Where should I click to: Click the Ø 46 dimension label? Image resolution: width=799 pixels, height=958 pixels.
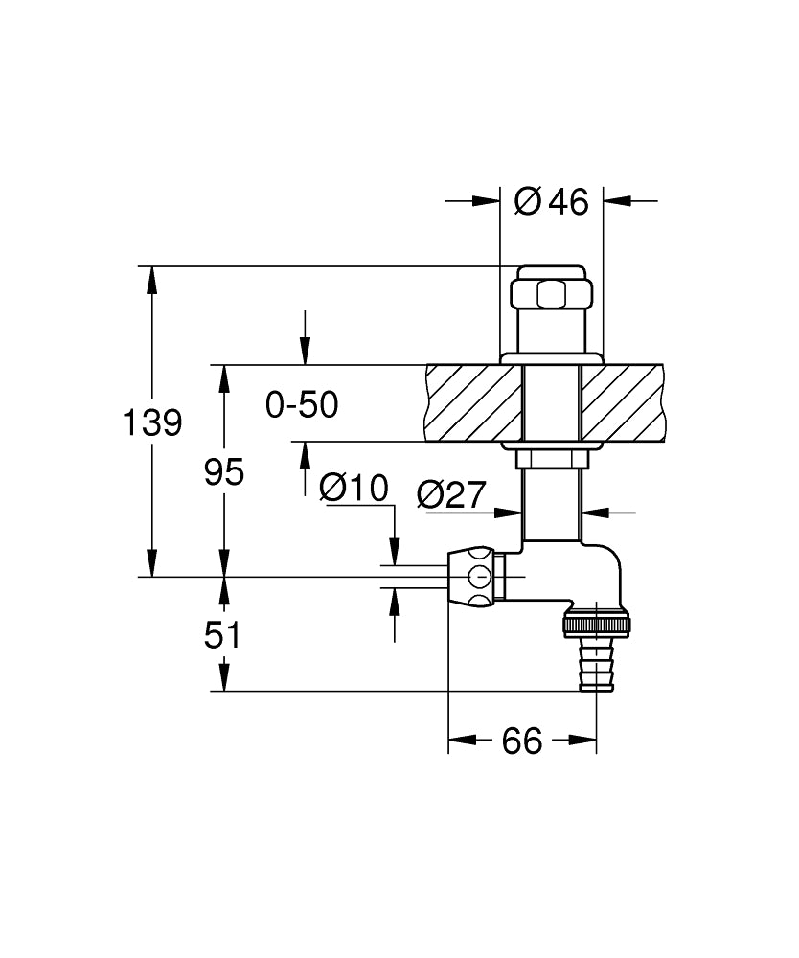click(x=551, y=201)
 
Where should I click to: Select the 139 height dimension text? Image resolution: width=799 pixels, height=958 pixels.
click(x=152, y=422)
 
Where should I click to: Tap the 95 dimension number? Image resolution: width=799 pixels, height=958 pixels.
click(x=224, y=471)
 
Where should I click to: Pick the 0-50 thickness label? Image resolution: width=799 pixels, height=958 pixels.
click(x=302, y=404)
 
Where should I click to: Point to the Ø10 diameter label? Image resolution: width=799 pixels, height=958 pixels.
click(x=354, y=489)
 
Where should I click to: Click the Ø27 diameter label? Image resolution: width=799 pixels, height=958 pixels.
click(x=451, y=494)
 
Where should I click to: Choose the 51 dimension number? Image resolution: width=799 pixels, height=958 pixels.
click(x=222, y=635)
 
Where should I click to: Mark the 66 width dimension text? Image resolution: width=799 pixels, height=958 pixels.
click(x=522, y=741)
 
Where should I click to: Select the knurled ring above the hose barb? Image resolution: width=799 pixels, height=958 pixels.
click(x=596, y=625)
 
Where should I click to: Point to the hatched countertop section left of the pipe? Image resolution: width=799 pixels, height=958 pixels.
click(x=474, y=402)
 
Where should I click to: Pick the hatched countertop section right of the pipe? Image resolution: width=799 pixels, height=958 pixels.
click(x=623, y=402)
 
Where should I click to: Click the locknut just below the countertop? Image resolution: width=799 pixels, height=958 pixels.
click(x=552, y=458)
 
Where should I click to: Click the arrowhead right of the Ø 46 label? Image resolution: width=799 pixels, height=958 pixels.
click(x=617, y=200)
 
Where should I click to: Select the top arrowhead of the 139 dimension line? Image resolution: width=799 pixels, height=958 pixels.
click(x=152, y=280)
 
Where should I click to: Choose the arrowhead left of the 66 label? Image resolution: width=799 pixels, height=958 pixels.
click(x=463, y=740)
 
